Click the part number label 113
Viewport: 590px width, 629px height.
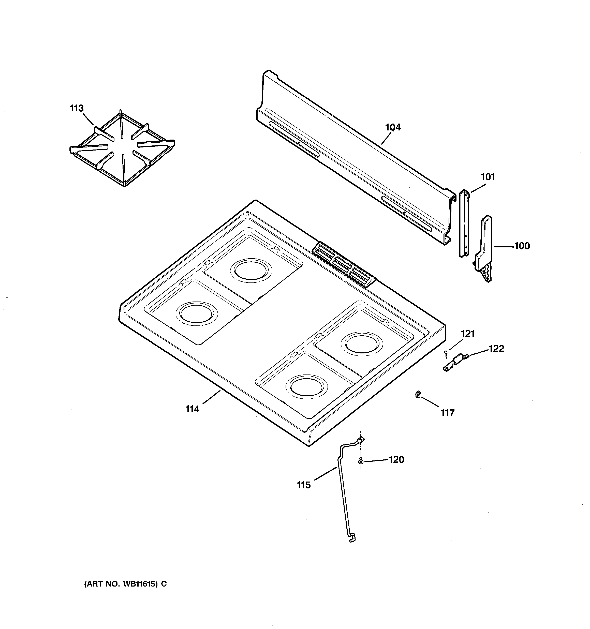[x=77, y=109]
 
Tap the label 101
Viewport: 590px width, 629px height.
[x=488, y=177]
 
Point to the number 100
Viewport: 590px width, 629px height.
[x=522, y=246]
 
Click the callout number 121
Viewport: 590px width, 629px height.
[x=467, y=334]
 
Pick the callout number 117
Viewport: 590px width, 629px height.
[x=448, y=413]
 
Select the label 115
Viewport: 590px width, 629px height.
[x=304, y=485]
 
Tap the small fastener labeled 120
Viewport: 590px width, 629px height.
[x=360, y=461]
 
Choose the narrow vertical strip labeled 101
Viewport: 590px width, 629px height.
[x=464, y=223]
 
